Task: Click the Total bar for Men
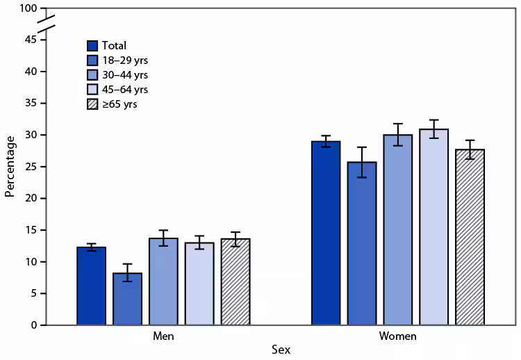(92, 286)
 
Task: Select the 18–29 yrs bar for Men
(128, 299)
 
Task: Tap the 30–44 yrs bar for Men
(164, 281)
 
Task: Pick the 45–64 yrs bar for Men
(199, 284)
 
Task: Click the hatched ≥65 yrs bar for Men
(235, 282)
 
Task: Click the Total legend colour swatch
(93, 46)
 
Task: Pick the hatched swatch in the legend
(93, 104)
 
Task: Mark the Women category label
(398, 336)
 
